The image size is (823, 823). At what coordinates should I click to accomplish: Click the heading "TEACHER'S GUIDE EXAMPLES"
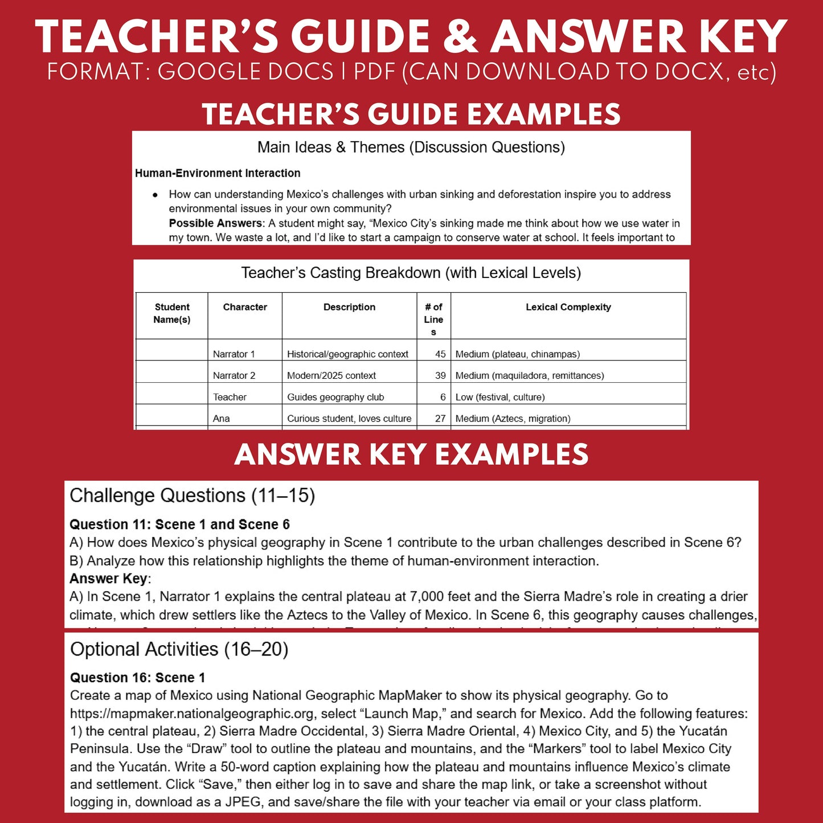[x=411, y=114]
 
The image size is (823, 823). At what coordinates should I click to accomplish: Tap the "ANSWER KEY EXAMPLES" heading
[x=411, y=455]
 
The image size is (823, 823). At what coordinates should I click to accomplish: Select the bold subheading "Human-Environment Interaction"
[x=218, y=173]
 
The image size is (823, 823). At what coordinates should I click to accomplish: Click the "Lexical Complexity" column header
[x=568, y=307]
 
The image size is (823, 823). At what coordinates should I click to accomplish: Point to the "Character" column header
[x=245, y=307]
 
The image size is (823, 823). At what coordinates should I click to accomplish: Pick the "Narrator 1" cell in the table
[x=234, y=354]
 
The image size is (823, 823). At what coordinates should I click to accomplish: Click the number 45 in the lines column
[x=440, y=354]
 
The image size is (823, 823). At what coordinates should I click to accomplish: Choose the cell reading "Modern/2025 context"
[x=331, y=376]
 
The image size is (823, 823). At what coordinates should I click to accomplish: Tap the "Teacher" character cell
[x=230, y=398]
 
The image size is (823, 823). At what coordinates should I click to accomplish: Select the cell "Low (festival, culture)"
[x=500, y=398]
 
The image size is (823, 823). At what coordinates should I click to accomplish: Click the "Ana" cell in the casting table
[x=222, y=419]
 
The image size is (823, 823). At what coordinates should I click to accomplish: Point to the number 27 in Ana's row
[x=440, y=419]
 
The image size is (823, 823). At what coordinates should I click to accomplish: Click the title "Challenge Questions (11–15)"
[x=193, y=496]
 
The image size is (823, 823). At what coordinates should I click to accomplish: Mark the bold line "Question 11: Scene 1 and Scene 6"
[x=179, y=525]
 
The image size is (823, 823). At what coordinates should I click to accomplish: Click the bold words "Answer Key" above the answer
[x=108, y=579]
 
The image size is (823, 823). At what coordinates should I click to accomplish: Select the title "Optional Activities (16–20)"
[x=179, y=649]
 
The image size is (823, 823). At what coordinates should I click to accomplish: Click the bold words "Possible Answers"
[x=216, y=223]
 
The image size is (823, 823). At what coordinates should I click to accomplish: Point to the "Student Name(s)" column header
[x=172, y=313]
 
